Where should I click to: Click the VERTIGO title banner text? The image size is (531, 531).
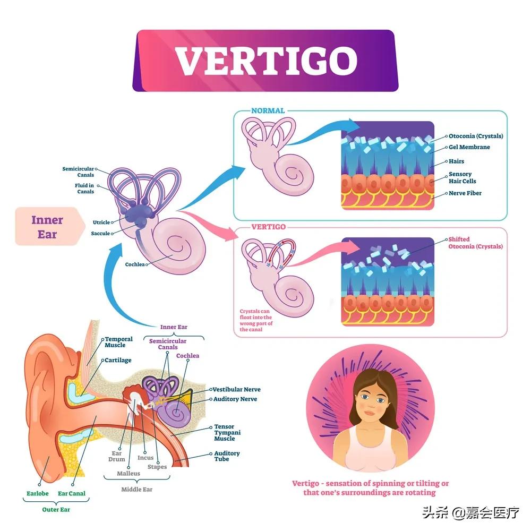(266, 60)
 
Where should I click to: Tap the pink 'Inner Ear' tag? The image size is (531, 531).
(47, 227)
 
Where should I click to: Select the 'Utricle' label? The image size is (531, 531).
(101, 222)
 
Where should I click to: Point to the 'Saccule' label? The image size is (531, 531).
(100, 234)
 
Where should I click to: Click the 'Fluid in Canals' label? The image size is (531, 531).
(84, 189)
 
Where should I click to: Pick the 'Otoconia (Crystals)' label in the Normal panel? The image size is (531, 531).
(476, 136)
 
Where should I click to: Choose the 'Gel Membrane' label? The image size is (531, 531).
(469, 147)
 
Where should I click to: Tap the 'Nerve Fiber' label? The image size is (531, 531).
(466, 193)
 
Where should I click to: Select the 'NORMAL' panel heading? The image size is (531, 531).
(268, 111)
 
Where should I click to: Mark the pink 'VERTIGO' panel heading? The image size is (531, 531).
(268, 227)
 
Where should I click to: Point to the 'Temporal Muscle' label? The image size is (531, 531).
(119, 342)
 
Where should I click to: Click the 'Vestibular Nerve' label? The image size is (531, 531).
(236, 390)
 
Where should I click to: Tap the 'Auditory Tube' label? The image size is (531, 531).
(227, 456)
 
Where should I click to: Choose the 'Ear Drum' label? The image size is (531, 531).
(117, 456)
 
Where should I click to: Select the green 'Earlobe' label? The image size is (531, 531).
(38, 494)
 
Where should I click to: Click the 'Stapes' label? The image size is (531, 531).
(157, 467)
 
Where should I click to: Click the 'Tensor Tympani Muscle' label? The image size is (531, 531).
(228, 433)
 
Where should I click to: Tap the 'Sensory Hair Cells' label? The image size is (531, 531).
(463, 177)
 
